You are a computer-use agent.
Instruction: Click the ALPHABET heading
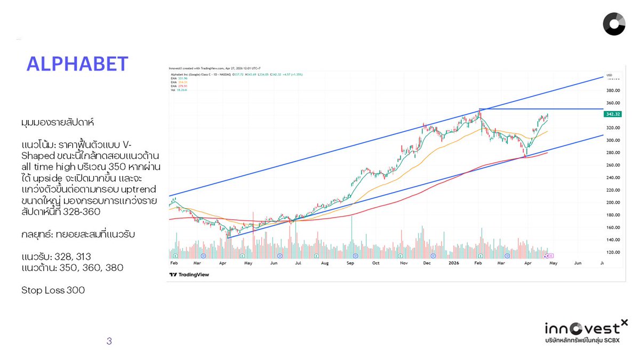point(77,64)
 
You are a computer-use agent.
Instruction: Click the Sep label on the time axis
point(350,263)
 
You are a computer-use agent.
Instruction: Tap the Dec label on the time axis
point(427,263)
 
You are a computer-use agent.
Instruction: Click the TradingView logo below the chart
point(189,275)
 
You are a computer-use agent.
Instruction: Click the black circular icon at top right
point(614,24)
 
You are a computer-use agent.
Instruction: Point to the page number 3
point(109,341)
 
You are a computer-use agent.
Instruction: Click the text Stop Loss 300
point(53,290)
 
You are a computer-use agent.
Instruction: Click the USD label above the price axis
point(609,75)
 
